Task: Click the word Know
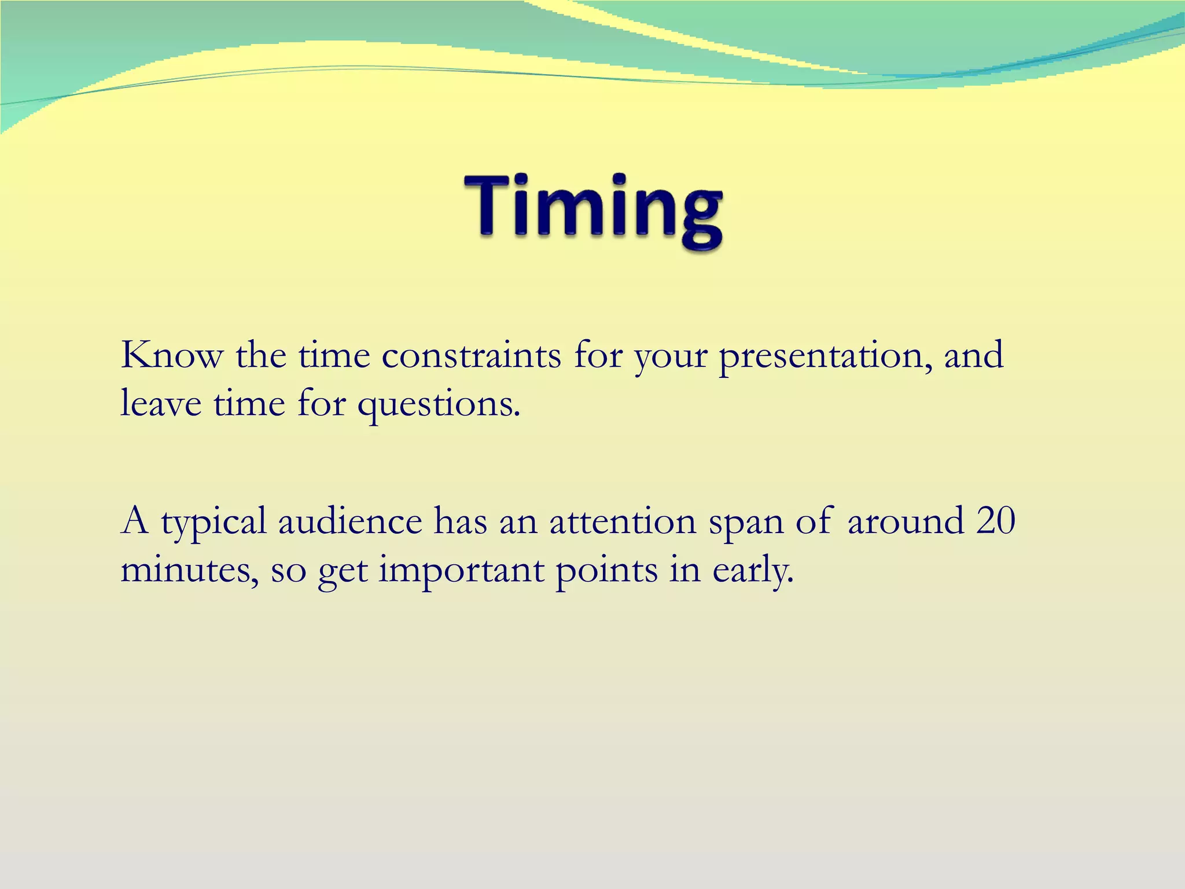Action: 171,355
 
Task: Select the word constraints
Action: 471,355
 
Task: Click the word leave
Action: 161,403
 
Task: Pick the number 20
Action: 995,520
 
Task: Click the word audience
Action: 350,520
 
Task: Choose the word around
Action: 905,520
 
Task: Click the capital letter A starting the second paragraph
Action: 135,520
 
